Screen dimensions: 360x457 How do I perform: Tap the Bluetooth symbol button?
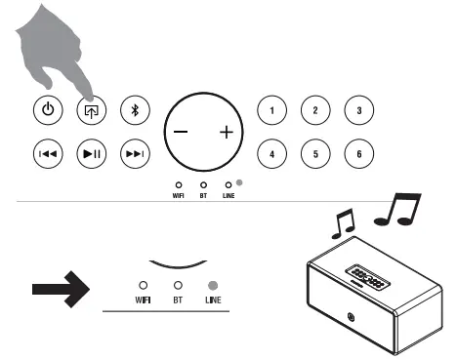click(x=135, y=109)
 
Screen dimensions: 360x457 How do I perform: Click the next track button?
click(x=135, y=153)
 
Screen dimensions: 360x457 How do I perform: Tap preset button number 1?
click(x=271, y=109)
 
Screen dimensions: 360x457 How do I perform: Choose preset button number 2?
click(x=314, y=109)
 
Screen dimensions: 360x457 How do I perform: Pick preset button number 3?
click(x=358, y=109)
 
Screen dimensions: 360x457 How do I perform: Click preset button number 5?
click(x=314, y=153)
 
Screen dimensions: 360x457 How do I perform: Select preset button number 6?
click(x=358, y=153)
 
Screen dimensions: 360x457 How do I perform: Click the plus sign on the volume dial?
click(x=227, y=132)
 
